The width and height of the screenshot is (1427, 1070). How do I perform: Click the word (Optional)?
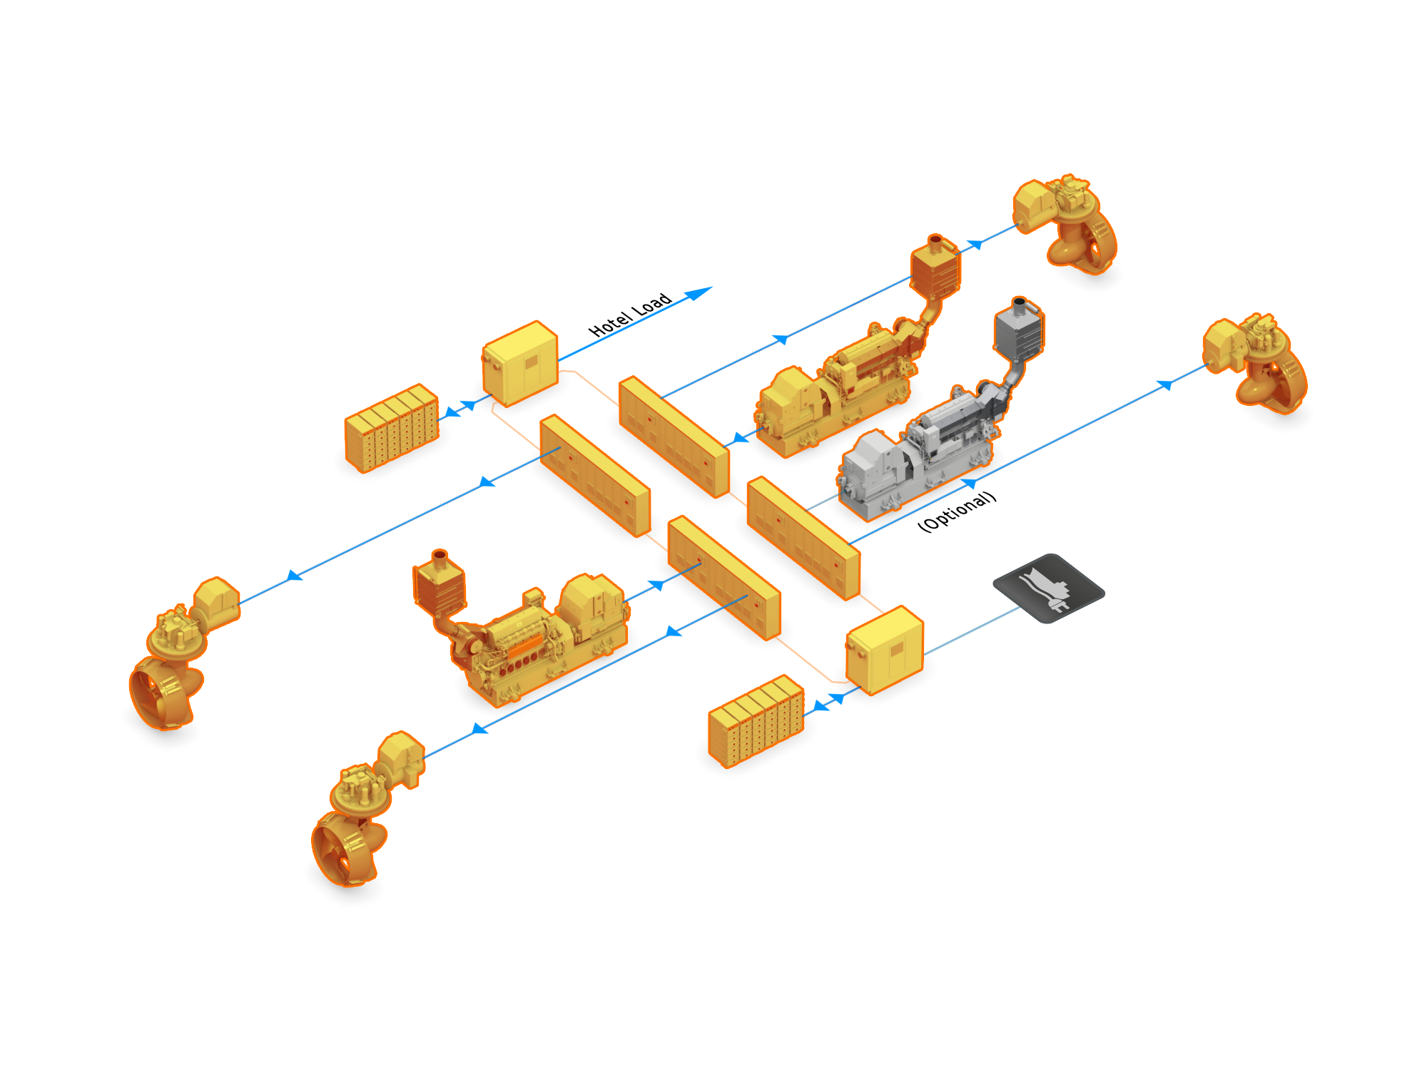coord(957,511)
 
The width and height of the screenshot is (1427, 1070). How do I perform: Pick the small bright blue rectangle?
coord(698,294)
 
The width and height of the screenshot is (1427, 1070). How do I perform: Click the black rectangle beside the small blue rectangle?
coord(628,314)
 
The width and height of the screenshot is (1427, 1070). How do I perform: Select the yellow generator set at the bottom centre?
coord(542,635)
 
